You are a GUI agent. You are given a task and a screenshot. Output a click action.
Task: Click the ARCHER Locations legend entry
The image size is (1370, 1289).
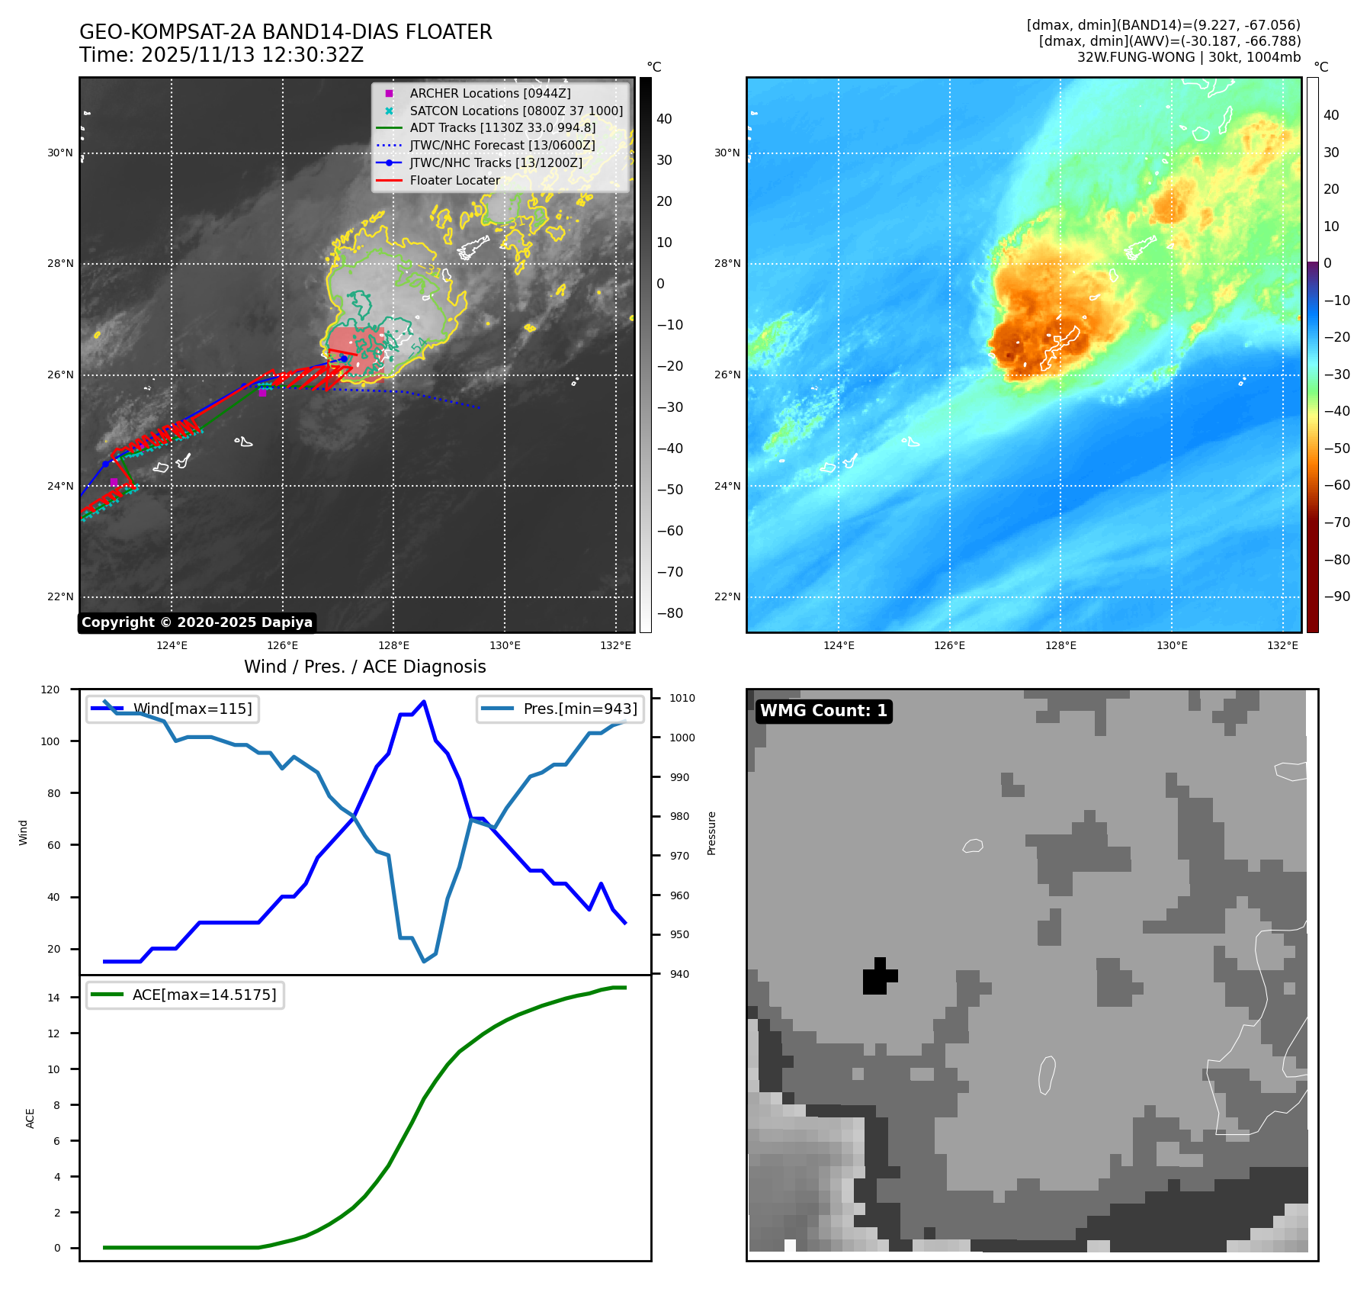[489, 93]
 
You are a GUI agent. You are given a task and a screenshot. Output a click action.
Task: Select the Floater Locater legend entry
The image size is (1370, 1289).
[454, 181]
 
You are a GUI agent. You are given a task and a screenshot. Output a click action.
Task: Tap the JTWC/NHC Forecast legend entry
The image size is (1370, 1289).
[502, 146]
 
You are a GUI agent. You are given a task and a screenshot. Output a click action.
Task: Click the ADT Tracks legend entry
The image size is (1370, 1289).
[502, 128]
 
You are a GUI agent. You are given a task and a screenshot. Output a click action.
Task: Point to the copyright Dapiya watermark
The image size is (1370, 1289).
[197, 622]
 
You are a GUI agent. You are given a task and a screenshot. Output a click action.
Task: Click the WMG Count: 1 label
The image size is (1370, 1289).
[823, 711]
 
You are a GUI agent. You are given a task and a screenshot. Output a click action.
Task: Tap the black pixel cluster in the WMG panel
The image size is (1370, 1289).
[878, 977]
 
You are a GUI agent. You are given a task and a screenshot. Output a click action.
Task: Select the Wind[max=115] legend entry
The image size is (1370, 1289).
[192, 709]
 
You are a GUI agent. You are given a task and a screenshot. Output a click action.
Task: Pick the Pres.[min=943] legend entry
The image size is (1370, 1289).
[579, 709]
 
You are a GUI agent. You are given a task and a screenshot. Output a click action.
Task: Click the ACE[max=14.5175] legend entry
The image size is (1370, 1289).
[204, 995]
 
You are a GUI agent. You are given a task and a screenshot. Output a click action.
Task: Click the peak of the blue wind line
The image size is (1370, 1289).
[424, 702]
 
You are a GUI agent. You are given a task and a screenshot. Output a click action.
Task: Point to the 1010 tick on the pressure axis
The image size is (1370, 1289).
[682, 698]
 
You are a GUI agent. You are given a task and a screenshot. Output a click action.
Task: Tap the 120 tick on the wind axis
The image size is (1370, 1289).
[50, 690]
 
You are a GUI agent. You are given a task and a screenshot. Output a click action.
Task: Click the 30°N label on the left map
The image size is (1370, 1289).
[60, 153]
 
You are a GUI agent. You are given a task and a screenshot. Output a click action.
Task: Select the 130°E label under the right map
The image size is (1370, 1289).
[1172, 646]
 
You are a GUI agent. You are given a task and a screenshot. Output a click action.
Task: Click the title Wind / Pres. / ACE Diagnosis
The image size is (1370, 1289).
[364, 667]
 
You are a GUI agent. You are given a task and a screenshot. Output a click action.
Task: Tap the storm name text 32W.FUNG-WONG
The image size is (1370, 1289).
[1135, 57]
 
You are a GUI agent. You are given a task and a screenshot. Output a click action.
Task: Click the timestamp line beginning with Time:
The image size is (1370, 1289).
[221, 56]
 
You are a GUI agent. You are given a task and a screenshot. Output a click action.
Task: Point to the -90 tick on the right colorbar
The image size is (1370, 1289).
[1336, 596]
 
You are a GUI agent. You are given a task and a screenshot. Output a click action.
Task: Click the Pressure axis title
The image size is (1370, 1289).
[711, 833]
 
